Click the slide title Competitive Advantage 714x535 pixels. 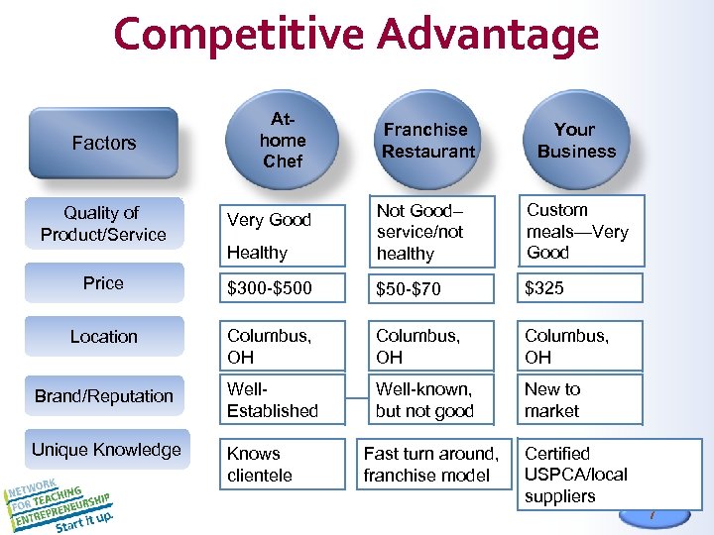click(x=356, y=35)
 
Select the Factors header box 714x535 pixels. click(x=103, y=143)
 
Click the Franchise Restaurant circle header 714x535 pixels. click(x=428, y=141)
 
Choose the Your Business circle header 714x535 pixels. click(x=576, y=141)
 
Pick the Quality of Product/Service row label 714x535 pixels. click(x=103, y=224)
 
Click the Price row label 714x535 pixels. click(x=103, y=283)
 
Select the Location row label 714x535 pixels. click(x=103, y=337)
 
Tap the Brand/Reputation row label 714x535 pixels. click(x=103, y=396)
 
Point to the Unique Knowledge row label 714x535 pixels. click(x=105, y=450)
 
